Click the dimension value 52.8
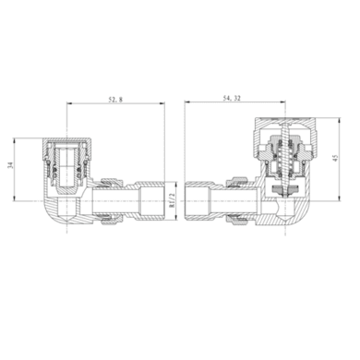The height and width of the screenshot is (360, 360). pos(115,100)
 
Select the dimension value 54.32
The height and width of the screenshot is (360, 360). pos(232,98)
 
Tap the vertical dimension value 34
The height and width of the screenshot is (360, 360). pos(11,165)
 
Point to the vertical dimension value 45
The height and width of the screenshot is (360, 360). pos(335,158)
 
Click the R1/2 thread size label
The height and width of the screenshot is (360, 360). pos(172,200)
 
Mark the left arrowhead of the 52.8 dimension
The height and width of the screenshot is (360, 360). pos(69,103)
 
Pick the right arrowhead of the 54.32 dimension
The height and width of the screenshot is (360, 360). pos(282,102)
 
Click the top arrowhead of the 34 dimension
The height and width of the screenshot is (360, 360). pos(14,141)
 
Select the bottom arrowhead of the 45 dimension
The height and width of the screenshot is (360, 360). pos(339,198)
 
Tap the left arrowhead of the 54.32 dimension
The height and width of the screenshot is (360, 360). pos(187,102)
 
